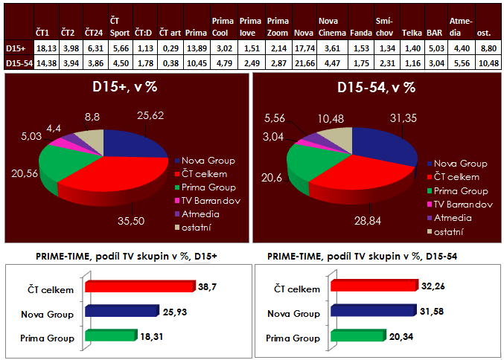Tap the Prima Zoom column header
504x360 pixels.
tap(277, 28)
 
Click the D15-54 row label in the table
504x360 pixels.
tap(18, 63)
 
